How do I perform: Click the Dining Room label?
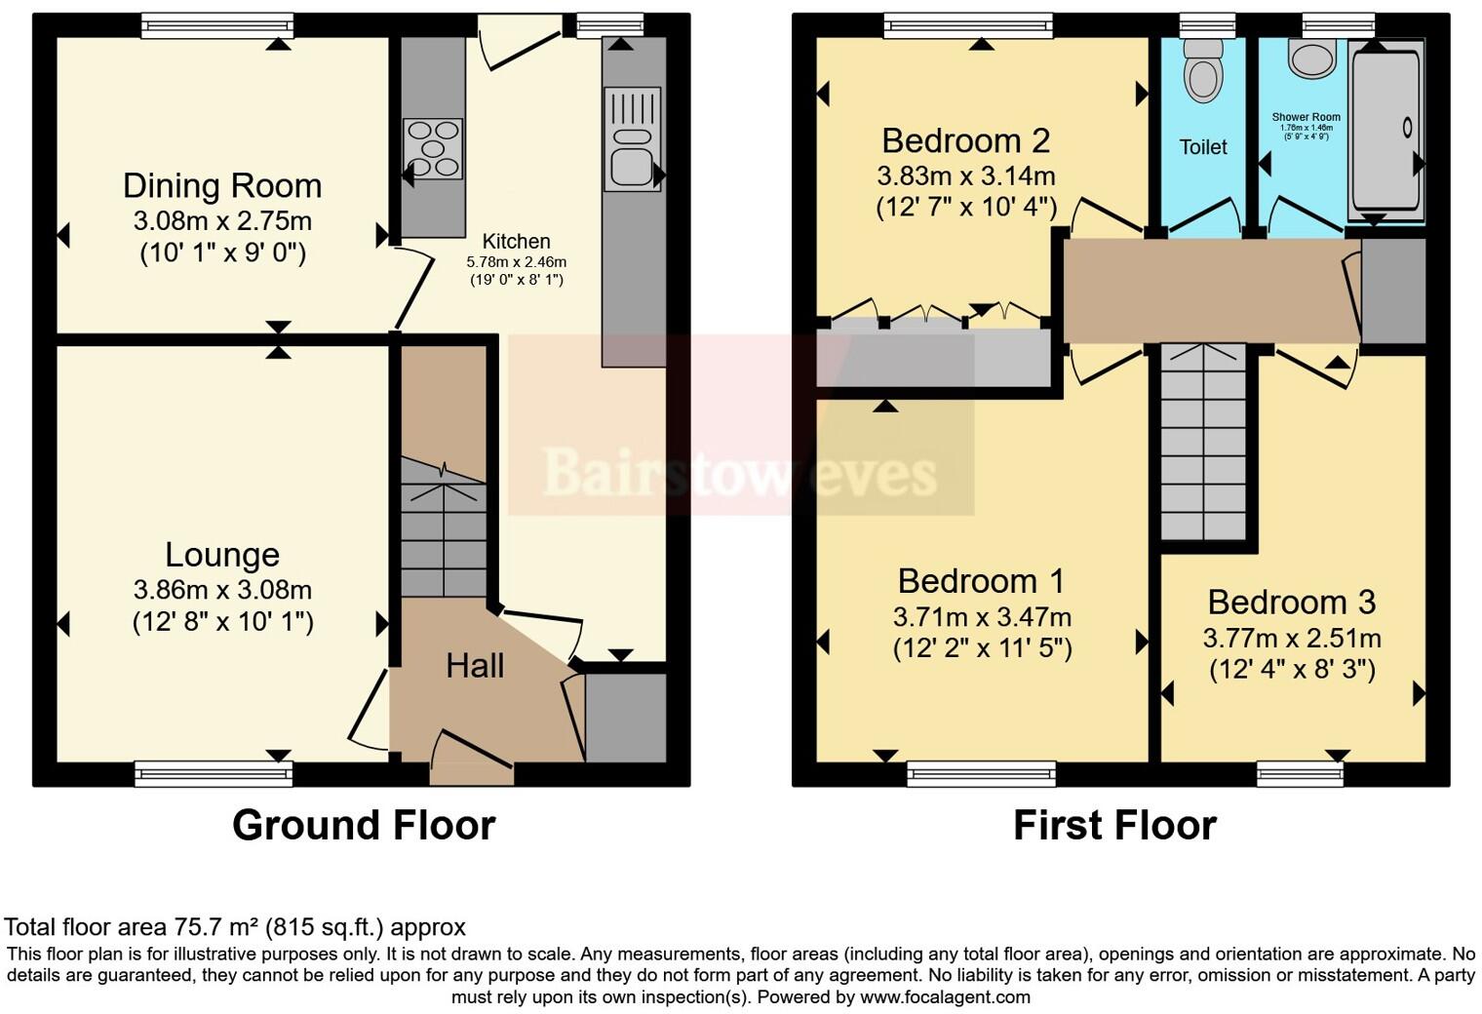[222, 185]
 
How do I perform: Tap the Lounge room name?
[222, 554]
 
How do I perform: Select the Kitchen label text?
[516, 241]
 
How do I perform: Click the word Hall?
[475, 666]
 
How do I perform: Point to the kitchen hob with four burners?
[433, 148]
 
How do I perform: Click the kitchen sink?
[632, 156]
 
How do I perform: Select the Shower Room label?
[1306, 117]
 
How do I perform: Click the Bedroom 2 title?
[965, 140]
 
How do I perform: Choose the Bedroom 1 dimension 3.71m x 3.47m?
[982, 616]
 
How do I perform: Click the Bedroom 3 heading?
[1291, 602]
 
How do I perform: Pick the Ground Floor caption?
[364, 825]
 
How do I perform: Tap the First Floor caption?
[1114, 825]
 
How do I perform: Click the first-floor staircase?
[1203, 444]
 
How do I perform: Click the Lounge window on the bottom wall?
[214, 775]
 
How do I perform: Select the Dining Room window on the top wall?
[216, 25]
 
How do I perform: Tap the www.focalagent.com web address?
[945, 996]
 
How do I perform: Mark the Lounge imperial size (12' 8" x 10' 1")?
[222, 622]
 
